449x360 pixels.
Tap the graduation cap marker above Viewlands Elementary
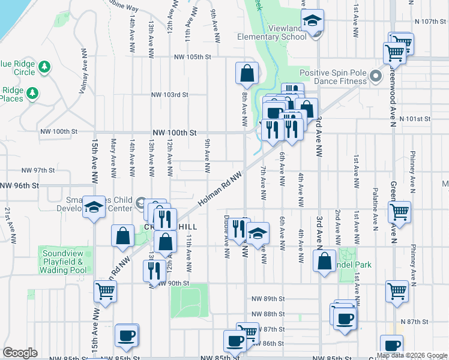pos(312,22)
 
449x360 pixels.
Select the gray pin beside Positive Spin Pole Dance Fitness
pos(376,76)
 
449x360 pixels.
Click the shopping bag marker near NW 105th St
pos(247,74)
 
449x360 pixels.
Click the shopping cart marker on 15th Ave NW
pos(106,292)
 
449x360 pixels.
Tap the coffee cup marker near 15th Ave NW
pos(127,336)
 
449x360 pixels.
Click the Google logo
pos(20,353)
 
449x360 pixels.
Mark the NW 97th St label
pos(38,170)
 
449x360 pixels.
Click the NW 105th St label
pos(193,57)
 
